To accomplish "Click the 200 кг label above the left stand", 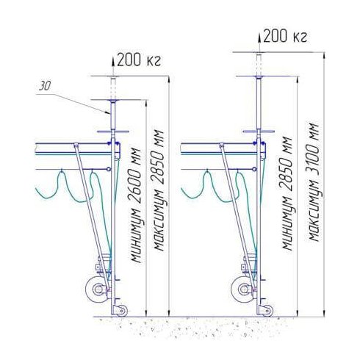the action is point(139,60).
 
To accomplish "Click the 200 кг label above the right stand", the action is point(285,36).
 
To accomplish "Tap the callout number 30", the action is point(45,87).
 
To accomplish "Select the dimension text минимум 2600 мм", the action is point(136,205).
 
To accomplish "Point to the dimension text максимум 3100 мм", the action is point(314,181).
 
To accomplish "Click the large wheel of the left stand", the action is point(97,289).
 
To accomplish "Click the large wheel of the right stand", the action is point(242,289).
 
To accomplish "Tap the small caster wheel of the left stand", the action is point(122,311).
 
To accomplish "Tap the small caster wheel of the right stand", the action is point(267,311).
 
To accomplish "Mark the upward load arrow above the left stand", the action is point(113,66).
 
